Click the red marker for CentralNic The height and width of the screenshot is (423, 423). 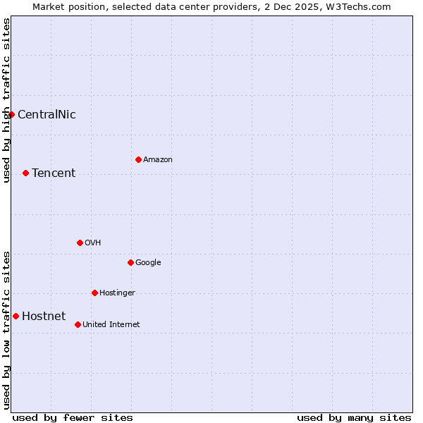(11, 114)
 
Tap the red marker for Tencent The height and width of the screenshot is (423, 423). (25, 173)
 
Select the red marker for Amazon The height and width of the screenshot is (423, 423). (138, 159)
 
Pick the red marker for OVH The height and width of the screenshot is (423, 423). (80, 243)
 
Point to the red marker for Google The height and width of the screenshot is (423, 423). (130, 262)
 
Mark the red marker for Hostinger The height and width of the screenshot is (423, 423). (94, 293)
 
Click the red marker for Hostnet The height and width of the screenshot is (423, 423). (16, 316)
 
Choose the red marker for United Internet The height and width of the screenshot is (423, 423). (78, 324)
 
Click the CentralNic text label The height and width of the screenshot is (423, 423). (47, 115)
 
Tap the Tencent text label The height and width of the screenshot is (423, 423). (54, 173)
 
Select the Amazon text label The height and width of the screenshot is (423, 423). (158, 160)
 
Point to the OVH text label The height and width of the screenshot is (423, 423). (93, 243)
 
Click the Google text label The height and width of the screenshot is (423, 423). (148, 263)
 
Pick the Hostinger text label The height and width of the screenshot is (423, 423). (117, 293)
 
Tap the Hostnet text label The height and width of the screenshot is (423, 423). (44, 317)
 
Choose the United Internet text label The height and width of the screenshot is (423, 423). (111, 325)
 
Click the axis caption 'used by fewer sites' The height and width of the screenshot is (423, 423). (73, 417)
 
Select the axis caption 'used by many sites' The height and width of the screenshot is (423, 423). (354, 417)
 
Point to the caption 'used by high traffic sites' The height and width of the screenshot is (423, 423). (6, 100)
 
